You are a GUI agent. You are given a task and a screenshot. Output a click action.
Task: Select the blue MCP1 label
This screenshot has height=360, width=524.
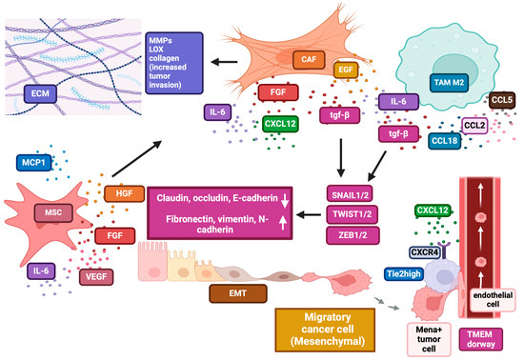click(35, 162)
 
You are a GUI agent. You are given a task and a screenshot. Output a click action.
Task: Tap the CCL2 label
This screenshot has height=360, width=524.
click(474, 125)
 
